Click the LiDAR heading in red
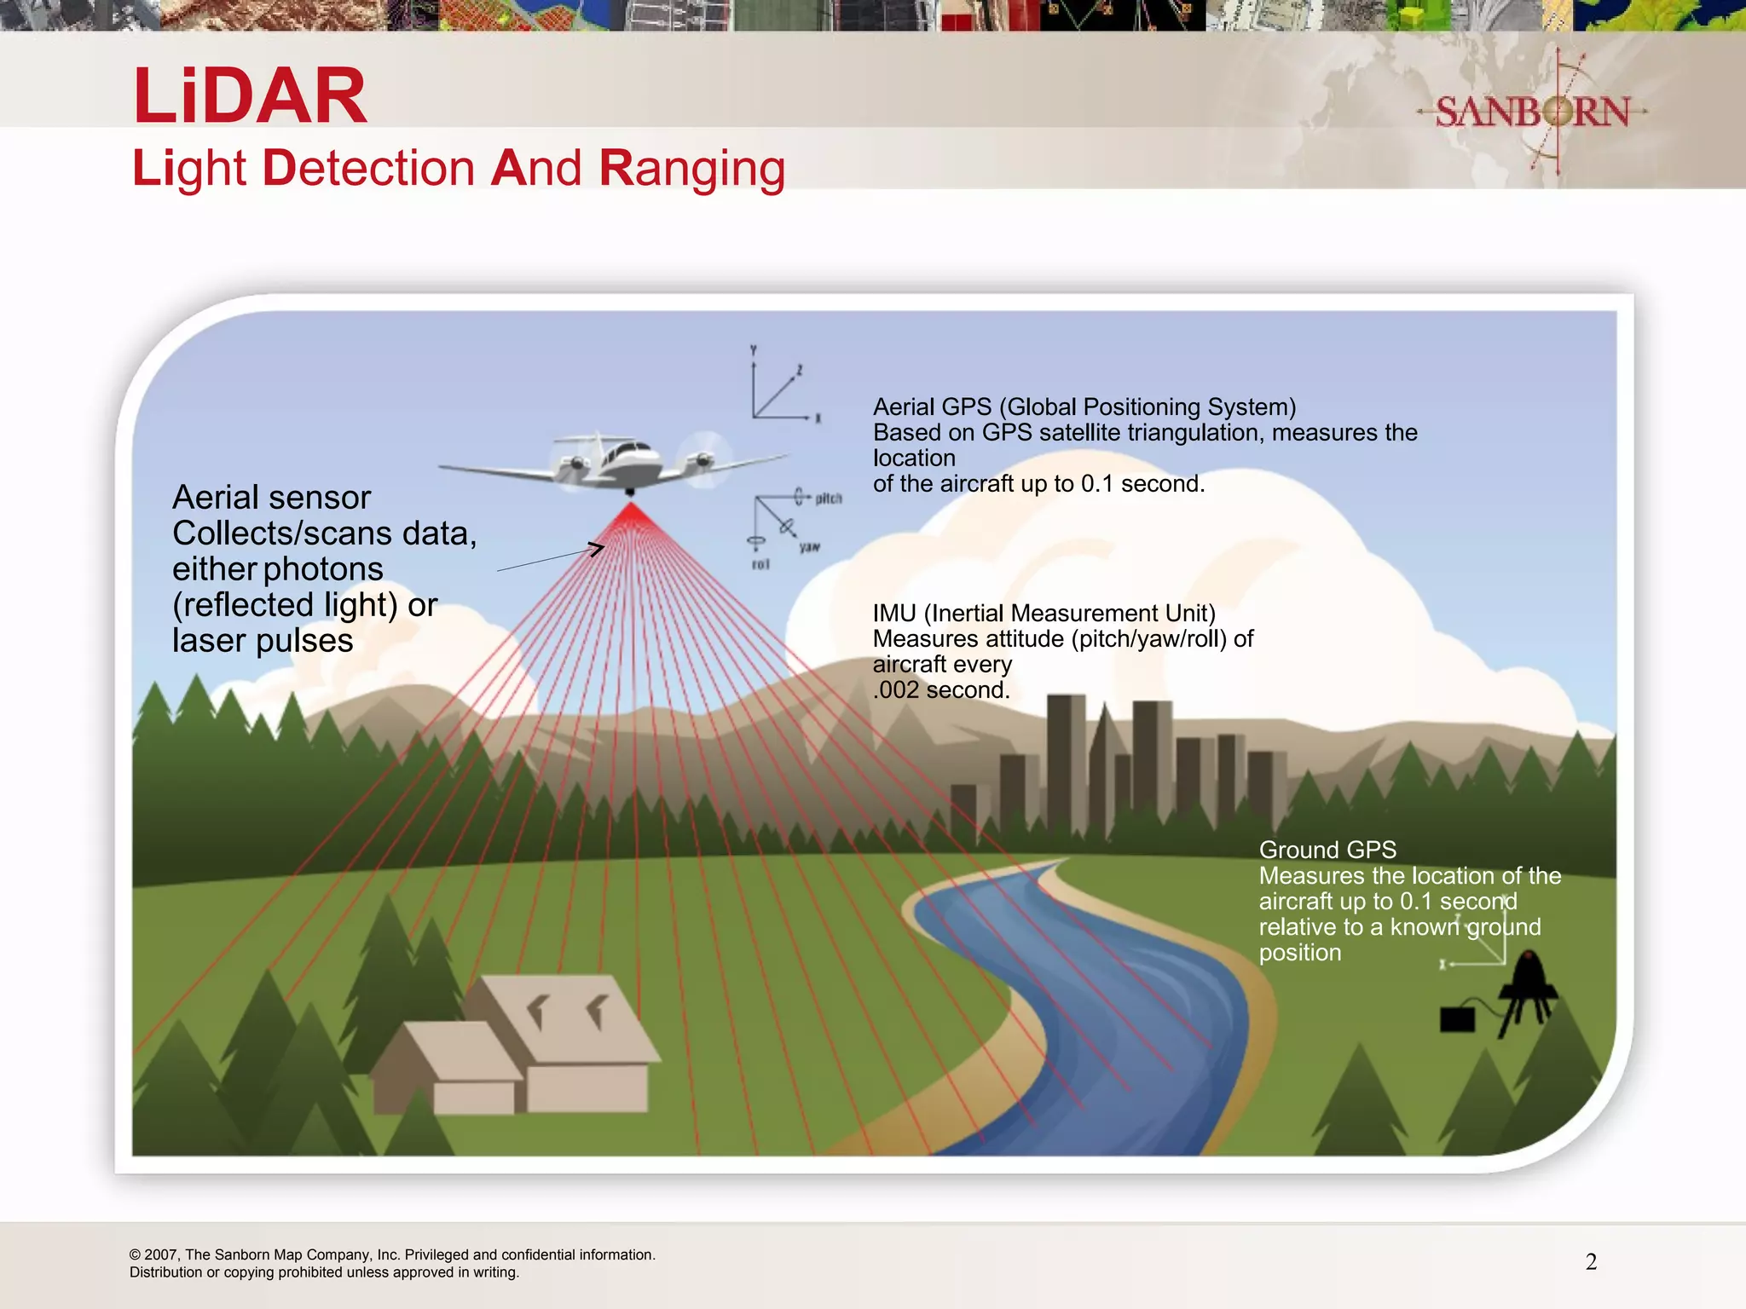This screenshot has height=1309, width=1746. click(250, 95)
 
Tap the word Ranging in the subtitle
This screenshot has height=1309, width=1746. click(691, 169)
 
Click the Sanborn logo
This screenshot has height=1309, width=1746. click(1532, 112)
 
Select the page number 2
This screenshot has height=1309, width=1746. click(1591, 1262)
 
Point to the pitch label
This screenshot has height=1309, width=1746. click(828, 498)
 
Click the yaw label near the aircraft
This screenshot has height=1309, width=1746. click(809, 547)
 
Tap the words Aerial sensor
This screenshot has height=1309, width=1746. click(271, 498)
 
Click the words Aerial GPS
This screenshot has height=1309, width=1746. click(932, 407)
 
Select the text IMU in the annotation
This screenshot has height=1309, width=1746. click(893, 614)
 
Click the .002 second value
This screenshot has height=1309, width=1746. click(941, 689)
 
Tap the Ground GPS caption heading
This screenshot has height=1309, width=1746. click(1327, 850)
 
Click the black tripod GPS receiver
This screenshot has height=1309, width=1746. click(1528, 993)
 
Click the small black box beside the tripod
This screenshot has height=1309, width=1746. click(1457, 1019)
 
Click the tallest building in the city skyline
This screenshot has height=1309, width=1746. click(1066, 758)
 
